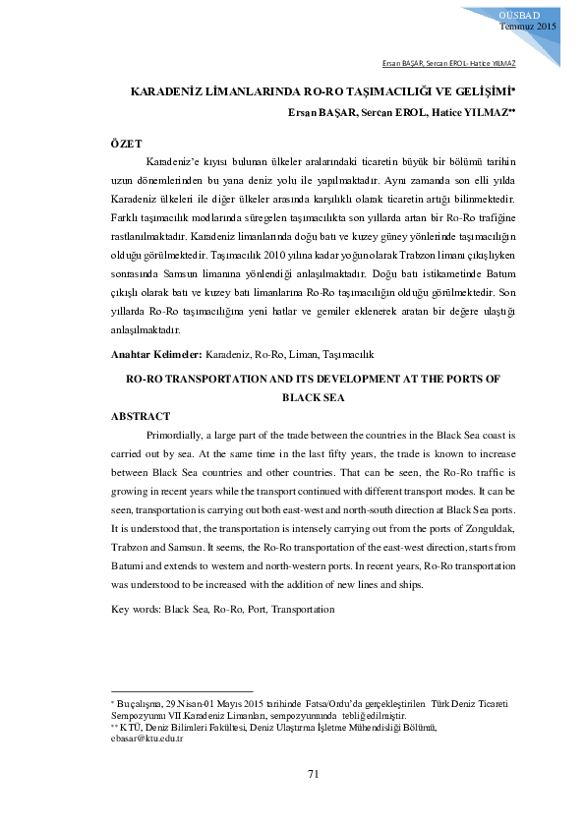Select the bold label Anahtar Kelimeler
[x=155, y=353]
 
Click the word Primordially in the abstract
[x=177, y=434]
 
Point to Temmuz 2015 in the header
[x=528, y=26]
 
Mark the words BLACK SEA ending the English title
[x=314, y=397]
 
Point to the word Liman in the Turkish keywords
[x=307, y=353]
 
